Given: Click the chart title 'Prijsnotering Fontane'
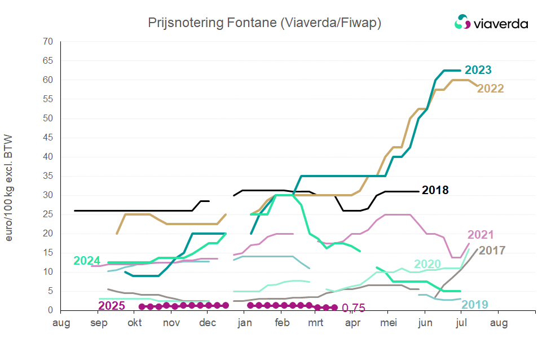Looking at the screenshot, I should pos(265,23).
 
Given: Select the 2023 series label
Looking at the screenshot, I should pos(478,71).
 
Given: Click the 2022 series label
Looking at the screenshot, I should pos(491,89).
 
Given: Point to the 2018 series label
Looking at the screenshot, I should pos(435,190).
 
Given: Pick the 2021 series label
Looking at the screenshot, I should pos(481,235).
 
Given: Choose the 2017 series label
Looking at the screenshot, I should pos(492,250).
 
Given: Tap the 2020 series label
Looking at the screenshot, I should pos(427,264).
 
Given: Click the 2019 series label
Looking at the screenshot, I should pos(475,305).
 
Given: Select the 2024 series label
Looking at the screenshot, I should pos(87,261).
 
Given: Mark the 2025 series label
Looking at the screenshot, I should pos(112,306).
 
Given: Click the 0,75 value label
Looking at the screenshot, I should pos(354,308).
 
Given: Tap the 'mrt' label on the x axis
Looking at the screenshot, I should pos(316,323).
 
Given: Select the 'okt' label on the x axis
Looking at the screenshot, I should pos(135,323).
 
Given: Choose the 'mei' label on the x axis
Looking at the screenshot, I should pos(388,323).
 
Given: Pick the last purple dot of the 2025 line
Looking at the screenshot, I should pos(334,308).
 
